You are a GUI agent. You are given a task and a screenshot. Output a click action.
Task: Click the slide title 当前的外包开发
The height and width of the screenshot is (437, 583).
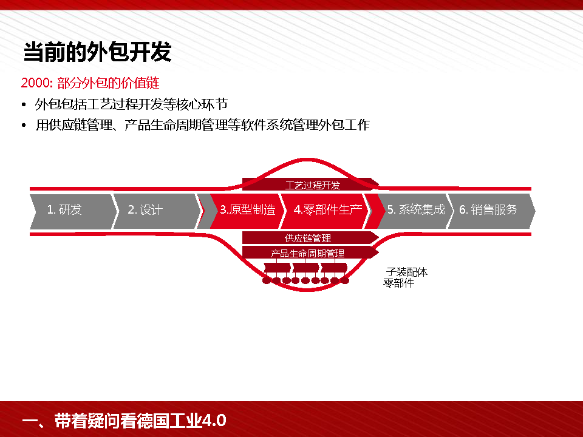click(97, 53)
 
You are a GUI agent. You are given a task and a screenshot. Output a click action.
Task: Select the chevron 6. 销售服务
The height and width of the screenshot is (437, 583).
click(488, 210)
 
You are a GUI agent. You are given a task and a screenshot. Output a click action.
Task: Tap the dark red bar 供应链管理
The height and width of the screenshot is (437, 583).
click(308, 238)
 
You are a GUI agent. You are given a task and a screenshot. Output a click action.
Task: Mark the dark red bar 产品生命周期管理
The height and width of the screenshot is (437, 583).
click(307, 252)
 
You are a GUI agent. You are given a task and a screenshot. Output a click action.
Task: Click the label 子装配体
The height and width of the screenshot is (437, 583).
click(407, 272)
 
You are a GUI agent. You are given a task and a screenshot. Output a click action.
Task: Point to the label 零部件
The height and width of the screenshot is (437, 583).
click(398, 283)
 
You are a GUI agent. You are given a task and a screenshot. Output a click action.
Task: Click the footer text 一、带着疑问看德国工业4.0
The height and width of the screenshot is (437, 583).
click(124, 421)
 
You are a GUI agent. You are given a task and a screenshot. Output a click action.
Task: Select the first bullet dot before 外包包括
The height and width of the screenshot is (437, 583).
click(24, 105)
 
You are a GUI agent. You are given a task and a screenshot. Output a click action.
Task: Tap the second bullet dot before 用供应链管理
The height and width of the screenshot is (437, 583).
click(24, 126)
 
